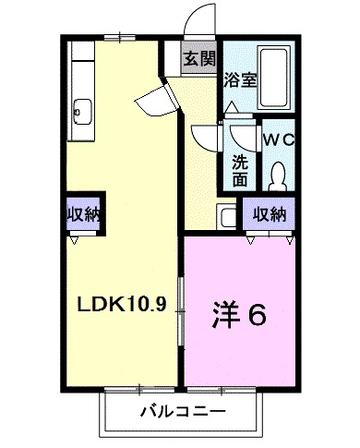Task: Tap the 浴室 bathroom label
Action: point(240,79)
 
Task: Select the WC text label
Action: point(278,139)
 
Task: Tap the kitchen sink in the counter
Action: point(78,111)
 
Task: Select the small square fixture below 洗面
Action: point(228,218)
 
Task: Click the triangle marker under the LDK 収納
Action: point(74,238)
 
